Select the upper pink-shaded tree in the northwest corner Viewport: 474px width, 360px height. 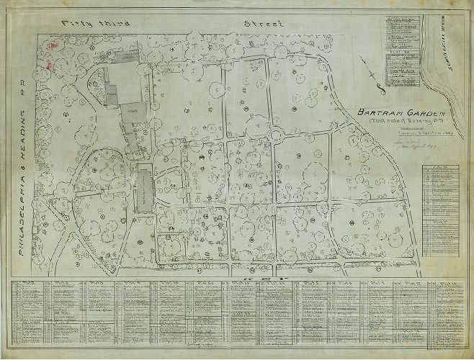coord(50,44)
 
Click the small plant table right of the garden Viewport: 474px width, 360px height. coord(443,209)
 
